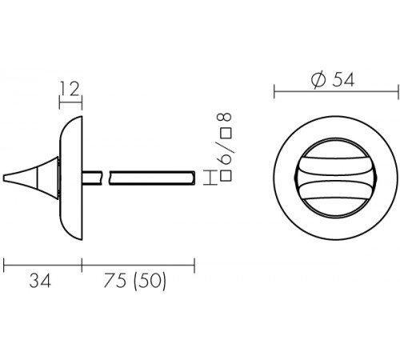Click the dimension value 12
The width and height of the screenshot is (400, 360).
tap(70, 89)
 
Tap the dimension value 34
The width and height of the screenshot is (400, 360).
tap(40, 281)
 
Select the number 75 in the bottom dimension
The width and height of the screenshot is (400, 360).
tap(114, 281)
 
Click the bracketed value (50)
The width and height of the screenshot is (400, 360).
tap(150, 282)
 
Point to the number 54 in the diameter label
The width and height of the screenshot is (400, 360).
tap(343, 80)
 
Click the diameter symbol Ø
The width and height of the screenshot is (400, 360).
tap(318, 80)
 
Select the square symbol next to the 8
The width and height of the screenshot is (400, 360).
tap(226, 133)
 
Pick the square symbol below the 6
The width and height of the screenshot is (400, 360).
tap(226, 177)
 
